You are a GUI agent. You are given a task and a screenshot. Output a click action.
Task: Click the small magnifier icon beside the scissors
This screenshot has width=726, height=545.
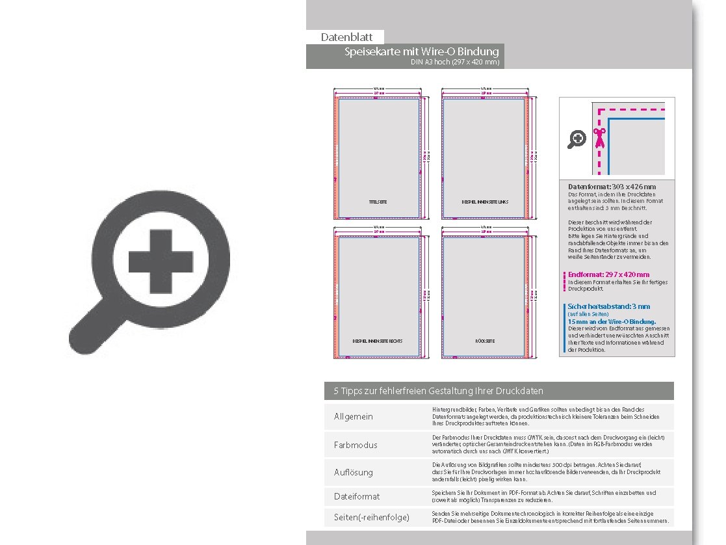577,139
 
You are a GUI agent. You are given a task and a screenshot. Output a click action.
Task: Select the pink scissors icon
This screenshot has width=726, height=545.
599,138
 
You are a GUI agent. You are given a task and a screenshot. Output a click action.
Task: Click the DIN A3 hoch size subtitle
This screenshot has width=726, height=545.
455,62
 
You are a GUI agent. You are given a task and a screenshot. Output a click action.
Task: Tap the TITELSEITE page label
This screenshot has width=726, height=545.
378,202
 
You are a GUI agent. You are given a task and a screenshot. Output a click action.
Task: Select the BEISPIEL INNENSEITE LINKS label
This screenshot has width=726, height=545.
485,202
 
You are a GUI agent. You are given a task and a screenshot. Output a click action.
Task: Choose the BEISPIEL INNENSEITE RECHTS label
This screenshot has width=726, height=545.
378,341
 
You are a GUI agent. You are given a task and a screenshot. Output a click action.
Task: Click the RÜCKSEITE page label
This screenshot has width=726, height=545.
485,341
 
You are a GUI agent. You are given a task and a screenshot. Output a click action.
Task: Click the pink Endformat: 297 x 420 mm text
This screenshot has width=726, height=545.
608,274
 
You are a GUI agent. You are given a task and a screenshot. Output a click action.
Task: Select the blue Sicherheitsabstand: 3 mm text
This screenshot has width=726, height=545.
608,306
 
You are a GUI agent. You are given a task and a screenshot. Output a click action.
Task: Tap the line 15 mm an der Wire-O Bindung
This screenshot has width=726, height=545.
612,321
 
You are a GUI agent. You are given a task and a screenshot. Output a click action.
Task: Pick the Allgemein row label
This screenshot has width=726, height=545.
354,416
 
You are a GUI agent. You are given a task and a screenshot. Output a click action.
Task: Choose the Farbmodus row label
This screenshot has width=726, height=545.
356,445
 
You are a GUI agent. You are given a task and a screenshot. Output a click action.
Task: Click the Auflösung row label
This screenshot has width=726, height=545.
354,472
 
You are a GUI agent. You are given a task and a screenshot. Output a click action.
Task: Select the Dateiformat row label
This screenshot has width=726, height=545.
357,496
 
